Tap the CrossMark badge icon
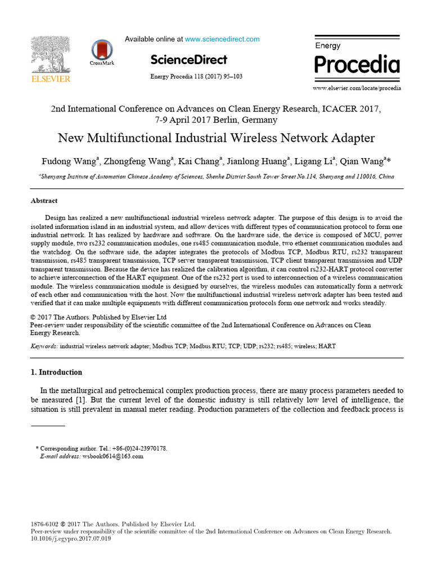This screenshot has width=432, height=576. click(x=102, y=51)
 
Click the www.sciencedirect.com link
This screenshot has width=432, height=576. click(x=222, y=39)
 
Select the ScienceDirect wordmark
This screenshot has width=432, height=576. click(x=188, y=60)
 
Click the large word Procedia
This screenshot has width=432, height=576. click(x=357, y=65)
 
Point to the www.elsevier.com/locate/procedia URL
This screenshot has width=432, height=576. click(x=357, y=88)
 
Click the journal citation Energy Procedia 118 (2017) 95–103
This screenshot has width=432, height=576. click(x=196, y=76)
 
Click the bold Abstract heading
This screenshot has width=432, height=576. click(x=44, y=201)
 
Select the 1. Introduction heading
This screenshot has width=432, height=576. click(x=56, y=372)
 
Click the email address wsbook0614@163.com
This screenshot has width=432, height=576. click(x=113, y=456)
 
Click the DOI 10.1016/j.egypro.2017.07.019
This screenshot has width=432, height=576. click(x=70, y=538)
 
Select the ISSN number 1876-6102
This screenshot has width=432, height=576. click(x=43, y=524)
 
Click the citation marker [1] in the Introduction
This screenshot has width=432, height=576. click(x=81, y=399)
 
